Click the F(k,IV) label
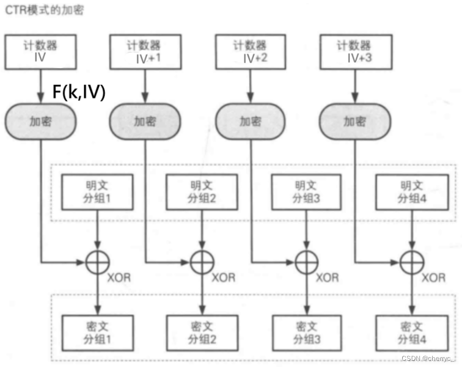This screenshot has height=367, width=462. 79,92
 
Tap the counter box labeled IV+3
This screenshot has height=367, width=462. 355,52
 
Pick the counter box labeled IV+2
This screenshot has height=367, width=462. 250,52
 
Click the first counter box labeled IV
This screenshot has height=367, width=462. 40,51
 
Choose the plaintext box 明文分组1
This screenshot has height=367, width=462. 97,191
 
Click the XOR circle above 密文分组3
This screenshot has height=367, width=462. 306,263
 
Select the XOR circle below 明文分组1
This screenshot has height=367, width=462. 97,263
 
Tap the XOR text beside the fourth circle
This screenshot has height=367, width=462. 434,278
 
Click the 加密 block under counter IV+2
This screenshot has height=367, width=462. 250,121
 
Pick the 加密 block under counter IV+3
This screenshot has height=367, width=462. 355,121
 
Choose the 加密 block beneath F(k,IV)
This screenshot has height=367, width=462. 40,121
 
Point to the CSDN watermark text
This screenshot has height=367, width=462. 431,359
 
